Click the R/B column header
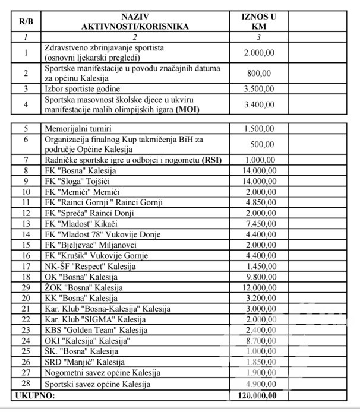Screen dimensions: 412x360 pos(26,21)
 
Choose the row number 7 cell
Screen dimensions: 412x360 pos(26,160)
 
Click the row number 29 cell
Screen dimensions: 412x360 pos(26,287)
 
